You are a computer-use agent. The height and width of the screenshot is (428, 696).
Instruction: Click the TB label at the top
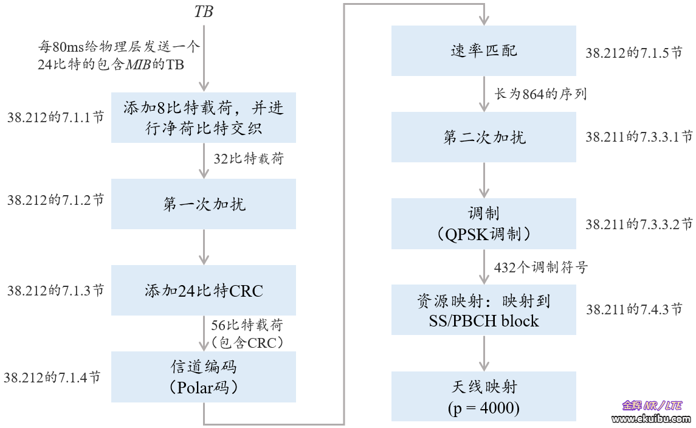pyautogui.click(x=204, y=12)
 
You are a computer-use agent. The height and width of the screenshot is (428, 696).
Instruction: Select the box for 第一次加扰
pyautogui.click(x=204, y=204)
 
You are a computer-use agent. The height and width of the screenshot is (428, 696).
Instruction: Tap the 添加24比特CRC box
pyautogui.click(x=204, y=291)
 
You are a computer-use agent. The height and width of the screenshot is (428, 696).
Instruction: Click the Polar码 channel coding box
pyautogui.click(x=204, y=377)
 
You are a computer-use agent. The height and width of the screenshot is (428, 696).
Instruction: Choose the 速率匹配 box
pyautogui.click(x=483, y=50)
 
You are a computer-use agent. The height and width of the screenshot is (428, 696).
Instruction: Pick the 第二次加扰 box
pyautogui.click(x=483, y=137)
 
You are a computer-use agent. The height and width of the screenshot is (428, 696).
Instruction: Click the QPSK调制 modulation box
pyautogui.click(x=483, y=223)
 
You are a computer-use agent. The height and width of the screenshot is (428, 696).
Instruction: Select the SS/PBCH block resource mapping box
pyautogui.click(x=483, y=309)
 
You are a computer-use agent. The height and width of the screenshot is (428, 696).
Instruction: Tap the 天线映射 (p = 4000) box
pyautogui.click(x=483, y=396)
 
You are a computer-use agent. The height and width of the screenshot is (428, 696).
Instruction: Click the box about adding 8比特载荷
pyautogui.click(x=204, y=117)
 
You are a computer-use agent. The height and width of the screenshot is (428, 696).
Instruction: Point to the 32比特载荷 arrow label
pyautogui.click(x=249, y=159)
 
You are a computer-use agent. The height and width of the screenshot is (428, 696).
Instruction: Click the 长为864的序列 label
pyautogui.click(x=540, y=94)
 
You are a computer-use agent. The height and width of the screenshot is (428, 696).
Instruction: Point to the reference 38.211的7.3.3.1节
pyautogui.click(x=639, y=137)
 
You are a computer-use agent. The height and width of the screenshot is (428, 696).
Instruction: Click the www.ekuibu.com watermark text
pyautogui.click(x=650, y=419)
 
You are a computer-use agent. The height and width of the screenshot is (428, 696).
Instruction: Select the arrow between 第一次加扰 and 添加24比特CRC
pyautogui.click(x=204, y=247)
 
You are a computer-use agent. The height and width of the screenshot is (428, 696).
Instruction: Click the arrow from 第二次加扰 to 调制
pyautogui.click(x=484, y=180)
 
